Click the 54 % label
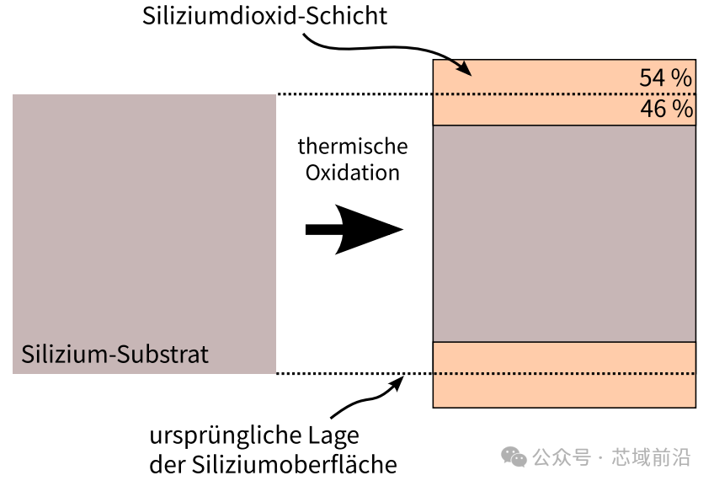pyautogui.click(x=665, y=78)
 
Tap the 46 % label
pyautogui.click(x=666, y=109)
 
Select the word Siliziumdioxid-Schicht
pyautogui.click(x=264, y=16)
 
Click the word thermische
pyautogui.click(x=352, y=147)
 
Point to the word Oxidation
pyautogui.click(x=352, y=173)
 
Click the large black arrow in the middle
pyautogui.click(x=354, y=229)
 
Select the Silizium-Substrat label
pyautogui.click(x=115, y=353)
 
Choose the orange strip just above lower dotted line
pyautogui.click(x=564, y=357)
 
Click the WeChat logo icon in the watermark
pyautogui.click(x=514, y=457)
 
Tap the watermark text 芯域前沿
pyautogui.click(x=663, y=457)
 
